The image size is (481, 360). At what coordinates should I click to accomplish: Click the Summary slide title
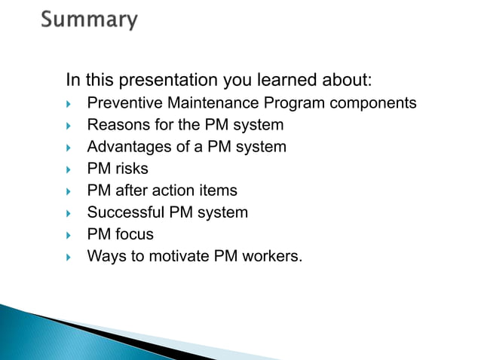click(89, 20)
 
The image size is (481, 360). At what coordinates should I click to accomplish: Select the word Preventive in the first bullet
click(122, 102)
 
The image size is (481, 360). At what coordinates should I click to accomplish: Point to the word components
click(372, 102)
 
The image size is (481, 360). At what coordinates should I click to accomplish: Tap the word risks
click(131, 169)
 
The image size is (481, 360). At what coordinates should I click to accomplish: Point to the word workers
click(271, 257)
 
